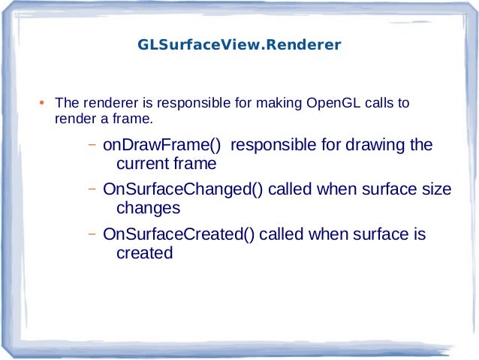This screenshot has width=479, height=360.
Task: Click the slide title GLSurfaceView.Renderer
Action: [239, 45]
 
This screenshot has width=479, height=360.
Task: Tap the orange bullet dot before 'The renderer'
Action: [43, 103]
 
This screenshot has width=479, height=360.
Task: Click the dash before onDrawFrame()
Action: [90, 144]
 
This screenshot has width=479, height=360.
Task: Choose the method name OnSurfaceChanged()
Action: [183, 189]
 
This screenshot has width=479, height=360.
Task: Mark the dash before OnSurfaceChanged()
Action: [90, 189]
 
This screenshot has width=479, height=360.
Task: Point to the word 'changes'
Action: [149, 207]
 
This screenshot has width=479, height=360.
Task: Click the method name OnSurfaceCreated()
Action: [179, 234]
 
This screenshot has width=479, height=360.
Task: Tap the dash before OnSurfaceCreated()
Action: [90, 234]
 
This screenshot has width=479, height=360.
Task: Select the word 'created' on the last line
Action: [145, 253]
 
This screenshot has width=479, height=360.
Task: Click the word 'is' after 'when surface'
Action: [420, 234]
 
